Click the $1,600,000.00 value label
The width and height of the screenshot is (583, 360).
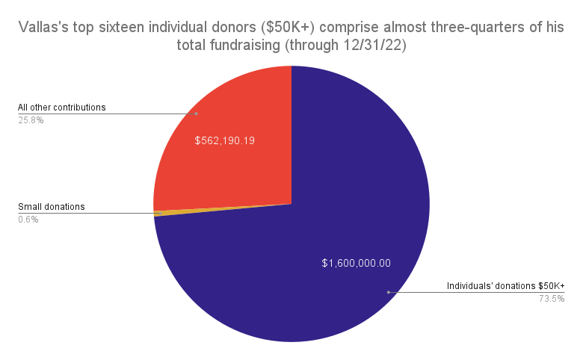[x=357, y=263]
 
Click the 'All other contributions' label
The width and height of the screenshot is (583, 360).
[x=62, y=107]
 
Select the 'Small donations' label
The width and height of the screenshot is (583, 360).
[x=52, y=207]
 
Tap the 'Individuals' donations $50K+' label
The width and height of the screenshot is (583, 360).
[x=505, y=286]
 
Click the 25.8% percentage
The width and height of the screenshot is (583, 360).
[x=31, y=120]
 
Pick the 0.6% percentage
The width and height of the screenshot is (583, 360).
[x=28, y=220]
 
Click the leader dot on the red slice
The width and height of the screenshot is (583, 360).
[x=197, y=114]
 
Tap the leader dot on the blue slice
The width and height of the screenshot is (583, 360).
[x=388, y=292]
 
